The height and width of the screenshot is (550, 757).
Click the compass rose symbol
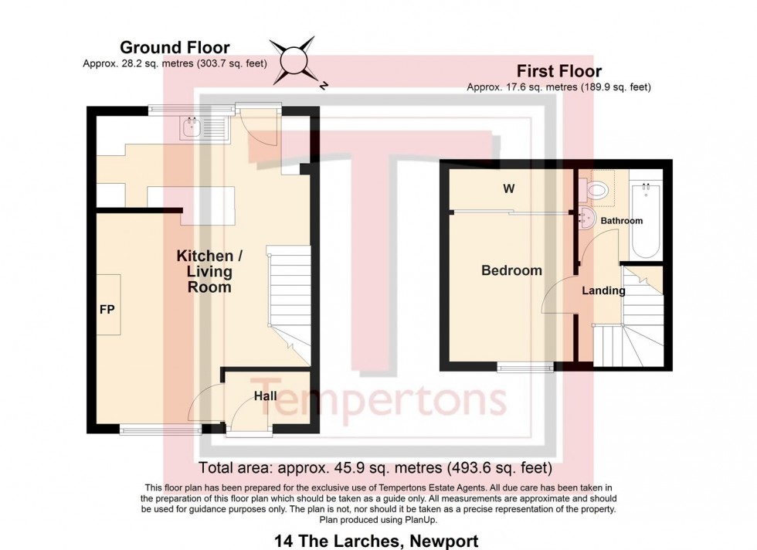point(293,59)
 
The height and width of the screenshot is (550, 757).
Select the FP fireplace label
point(107,308)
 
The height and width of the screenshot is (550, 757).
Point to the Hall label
point(266,396)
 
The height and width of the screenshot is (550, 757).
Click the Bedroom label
point(511,270)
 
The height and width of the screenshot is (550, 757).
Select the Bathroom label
point(622,221)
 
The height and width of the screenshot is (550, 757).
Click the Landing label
point(603,291)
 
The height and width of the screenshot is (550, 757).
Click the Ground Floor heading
point(175,48)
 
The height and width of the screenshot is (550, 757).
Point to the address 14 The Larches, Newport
point(376,541)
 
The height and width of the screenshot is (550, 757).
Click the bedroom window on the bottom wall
point(524,366)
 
